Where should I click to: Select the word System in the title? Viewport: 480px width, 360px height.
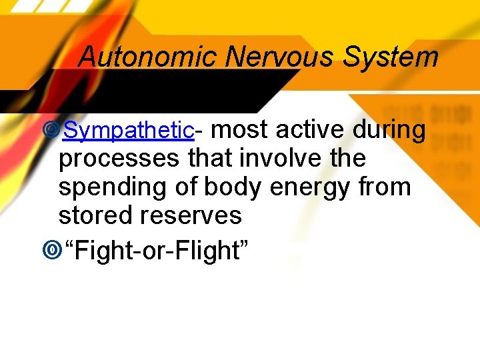[x=391, y=57]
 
